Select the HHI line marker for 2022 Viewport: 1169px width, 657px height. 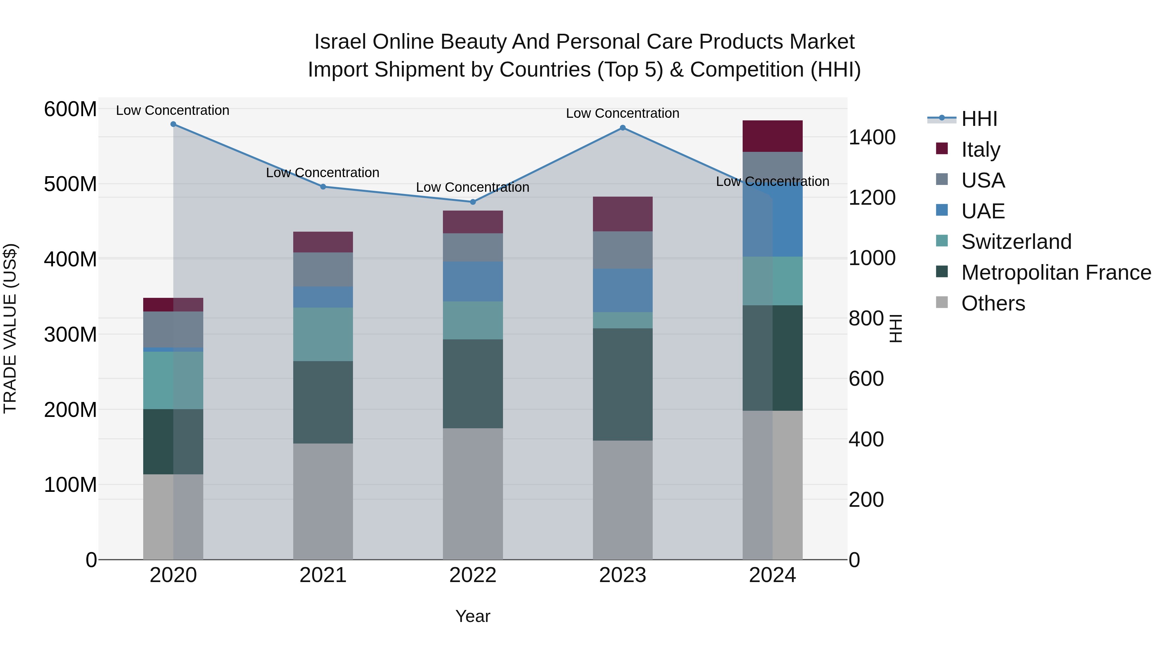coord(473,202)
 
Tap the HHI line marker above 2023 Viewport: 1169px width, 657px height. coord(622,128)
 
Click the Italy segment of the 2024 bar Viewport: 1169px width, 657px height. coord(773,136)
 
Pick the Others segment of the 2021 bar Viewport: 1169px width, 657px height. coord(323,501)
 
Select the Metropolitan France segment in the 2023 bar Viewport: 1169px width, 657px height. coord(622,384)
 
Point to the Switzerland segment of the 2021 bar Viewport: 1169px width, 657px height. coord(323,334)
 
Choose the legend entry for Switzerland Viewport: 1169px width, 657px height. coord(1016,242)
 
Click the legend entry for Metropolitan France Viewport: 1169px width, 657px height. coord(1056,273)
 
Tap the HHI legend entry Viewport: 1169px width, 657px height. coord(979,119)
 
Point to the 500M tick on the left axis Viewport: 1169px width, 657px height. coord(70,184)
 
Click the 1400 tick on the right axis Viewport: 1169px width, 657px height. coord(872,137)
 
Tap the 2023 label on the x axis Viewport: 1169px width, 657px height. coord(622,575)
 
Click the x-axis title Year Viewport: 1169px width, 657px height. coord(473,616)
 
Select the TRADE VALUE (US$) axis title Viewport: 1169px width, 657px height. coord(10,328)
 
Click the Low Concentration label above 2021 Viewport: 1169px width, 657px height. coord(323,173)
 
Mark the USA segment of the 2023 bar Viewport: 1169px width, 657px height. coord(622,250)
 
